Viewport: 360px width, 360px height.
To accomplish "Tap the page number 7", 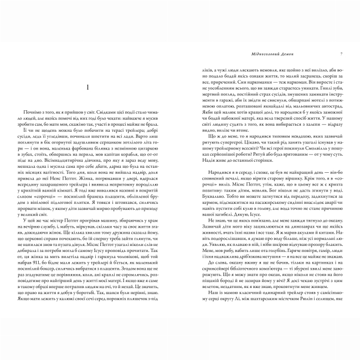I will point(342,54).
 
